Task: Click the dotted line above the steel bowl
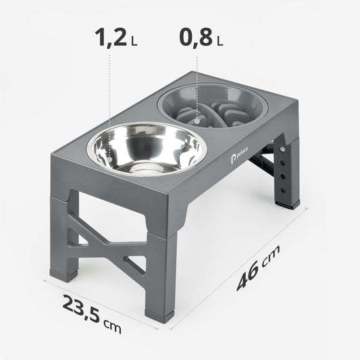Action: (x=109, y=88)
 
